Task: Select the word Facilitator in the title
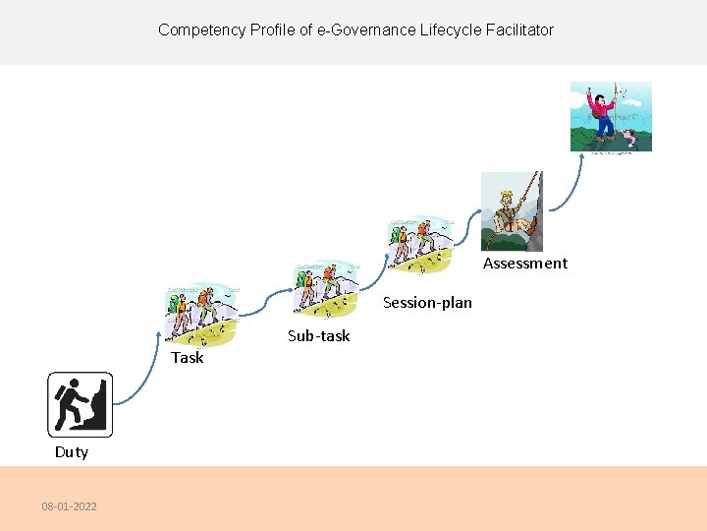pos(517,30)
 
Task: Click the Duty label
pos(72,452)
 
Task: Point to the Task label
pos(188,357)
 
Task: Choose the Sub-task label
pos(318,336)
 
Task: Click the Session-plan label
pos(427,303)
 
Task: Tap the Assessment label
pos(525,264)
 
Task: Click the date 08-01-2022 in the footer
pos(69,506)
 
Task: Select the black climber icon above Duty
pos(81,404)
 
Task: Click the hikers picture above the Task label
pos(202,314)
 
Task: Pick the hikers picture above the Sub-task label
pos(325,290)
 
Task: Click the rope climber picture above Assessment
pos(512,211)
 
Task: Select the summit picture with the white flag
pos(611,116)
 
